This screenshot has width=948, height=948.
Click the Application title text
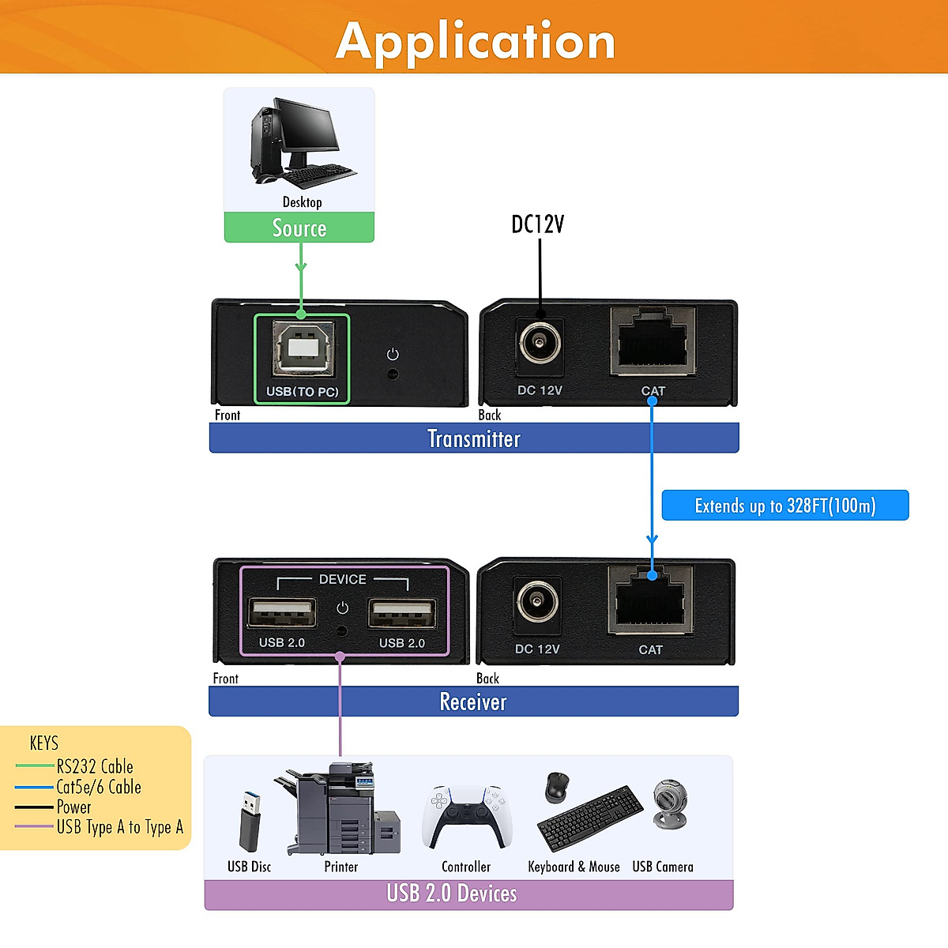[x=475, y=41]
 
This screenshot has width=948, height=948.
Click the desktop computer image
[x=301, y=143]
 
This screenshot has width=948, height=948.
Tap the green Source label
[x=299, y=228]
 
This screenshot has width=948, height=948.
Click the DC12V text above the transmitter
[x=538, y=224]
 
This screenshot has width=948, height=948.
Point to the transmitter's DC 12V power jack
[x=540, y=344]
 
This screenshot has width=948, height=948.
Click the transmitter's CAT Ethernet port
[x=653, y=340]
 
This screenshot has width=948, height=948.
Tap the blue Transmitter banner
[x=473, y=438]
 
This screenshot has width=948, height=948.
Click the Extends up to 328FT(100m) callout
[x=784, y=506]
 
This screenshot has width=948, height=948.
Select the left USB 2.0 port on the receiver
[x=281, y=614]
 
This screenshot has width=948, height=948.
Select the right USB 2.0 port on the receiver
[x=401, y=614]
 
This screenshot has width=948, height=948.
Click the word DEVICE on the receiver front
[x=342, y=579]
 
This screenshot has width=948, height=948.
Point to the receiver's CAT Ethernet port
[x=651, y=600]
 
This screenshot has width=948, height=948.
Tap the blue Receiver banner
[x=472, y=702]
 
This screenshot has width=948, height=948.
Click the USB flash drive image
[x=250, y=818]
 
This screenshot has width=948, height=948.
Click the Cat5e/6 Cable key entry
[x=98, y=787]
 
